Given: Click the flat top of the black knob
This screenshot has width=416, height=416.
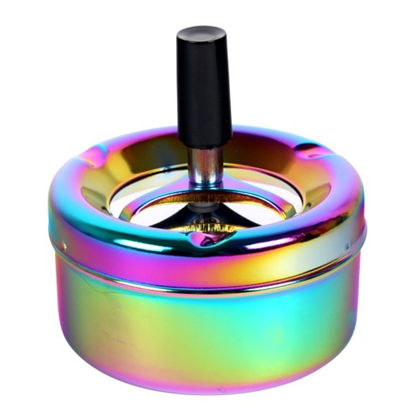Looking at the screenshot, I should point(201,32).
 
